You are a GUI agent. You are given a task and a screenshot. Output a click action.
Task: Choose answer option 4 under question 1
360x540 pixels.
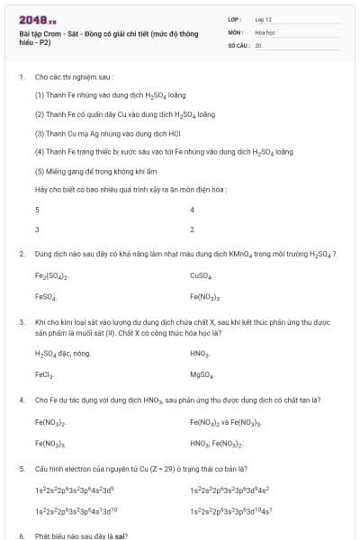(x=193, y=209)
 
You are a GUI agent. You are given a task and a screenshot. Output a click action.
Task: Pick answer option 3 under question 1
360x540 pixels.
(x=37, y=229)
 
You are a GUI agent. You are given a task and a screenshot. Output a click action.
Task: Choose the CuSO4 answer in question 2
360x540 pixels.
(x=201, y=275)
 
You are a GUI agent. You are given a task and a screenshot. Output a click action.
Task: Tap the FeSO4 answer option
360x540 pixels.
(x=46, y=296)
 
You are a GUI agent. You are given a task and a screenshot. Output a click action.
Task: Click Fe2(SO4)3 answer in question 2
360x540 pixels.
(x=52, y=275)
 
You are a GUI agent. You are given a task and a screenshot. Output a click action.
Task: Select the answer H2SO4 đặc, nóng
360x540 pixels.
(x=62, y=354)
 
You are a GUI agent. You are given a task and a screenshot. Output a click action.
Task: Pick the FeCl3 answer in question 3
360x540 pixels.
(x=45, y=374)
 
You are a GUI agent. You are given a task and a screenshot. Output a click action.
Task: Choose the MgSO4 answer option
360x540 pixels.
(x=202, y=374)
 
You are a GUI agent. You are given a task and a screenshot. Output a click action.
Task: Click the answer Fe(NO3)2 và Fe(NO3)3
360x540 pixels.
(x=226, y=421)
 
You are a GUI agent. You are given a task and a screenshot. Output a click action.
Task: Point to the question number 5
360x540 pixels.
(x=21, y=469)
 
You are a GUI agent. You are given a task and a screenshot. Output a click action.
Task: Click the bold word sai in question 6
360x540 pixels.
(x=120, y=535)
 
